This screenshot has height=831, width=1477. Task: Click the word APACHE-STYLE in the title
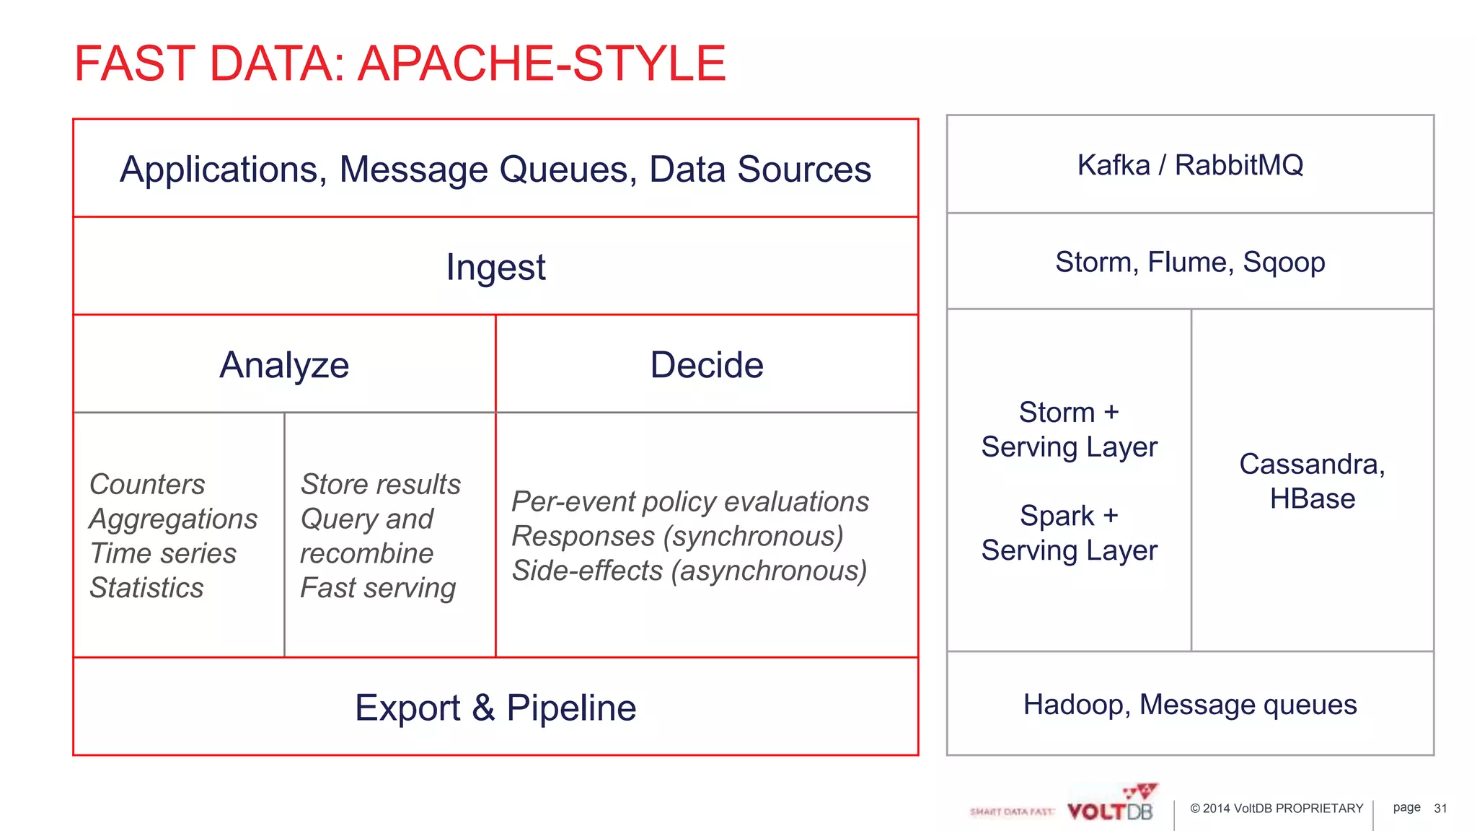(542, 63)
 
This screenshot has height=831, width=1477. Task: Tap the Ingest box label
(495, 268)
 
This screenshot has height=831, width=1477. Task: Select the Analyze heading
(284, 365)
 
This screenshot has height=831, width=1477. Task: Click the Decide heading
(706, 365)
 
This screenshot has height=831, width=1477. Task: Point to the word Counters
(147, 484)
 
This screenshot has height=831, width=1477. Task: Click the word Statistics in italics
(146, 588)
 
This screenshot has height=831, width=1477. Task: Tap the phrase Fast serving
(378, 588)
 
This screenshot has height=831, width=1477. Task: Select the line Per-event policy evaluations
(690, 501)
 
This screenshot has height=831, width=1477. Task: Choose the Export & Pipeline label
(495, 708)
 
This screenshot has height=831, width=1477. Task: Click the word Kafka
(1113, 165)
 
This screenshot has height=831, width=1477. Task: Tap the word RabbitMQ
(1238, 165)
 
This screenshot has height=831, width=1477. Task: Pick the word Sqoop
(1284, 263)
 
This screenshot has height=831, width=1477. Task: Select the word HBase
(1312, 499)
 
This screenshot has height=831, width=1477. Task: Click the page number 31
(1440, 809)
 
